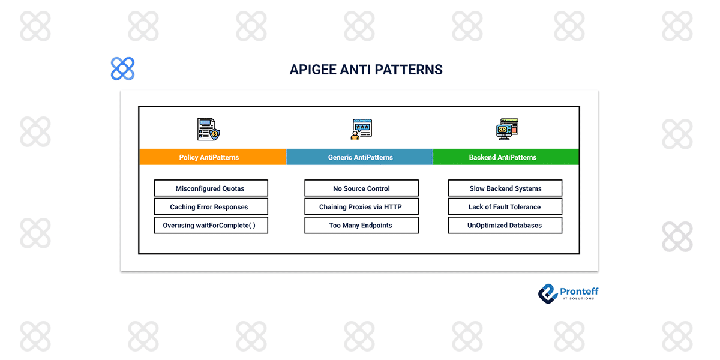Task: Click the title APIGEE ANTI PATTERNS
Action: pos(366,70)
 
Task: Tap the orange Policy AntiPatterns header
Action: pos(209,157)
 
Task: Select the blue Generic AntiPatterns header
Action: pos(360,157)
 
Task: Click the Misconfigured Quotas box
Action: pos(210,188)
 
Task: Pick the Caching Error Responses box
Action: pos(210,207)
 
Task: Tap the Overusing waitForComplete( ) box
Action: pos(210,226)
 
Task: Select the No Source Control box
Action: pos(361,188)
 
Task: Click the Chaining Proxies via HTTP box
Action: pos(361,207)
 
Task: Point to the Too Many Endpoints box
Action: pos(361,226)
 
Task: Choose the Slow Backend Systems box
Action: pos(505,188)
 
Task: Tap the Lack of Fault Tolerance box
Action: pos(505,207)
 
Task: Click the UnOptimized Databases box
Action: pos(505,226)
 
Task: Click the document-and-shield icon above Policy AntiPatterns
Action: pos(208,129)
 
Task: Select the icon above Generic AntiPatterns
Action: pos(361,129)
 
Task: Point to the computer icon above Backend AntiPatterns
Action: pos(507,129)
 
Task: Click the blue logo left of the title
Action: pos(123,69)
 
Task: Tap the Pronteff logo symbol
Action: pos(547,293)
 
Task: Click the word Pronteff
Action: pos(579,292)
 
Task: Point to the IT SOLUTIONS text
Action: pos(578,299)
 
